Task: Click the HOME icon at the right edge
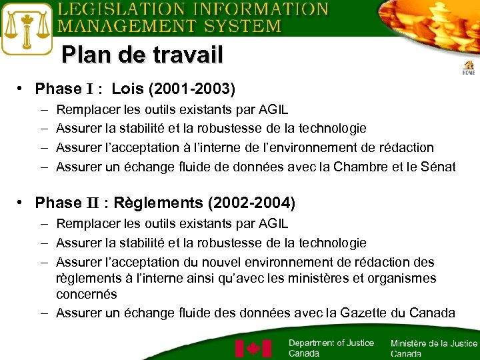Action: click(469, 67)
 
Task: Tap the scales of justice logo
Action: click(27, 29)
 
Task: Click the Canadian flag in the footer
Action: click(253, 349)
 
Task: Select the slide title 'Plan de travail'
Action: click(142, 55)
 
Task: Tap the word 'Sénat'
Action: click(439, 167)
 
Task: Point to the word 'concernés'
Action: click(87, 294)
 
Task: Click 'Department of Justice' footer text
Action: click(331, 343)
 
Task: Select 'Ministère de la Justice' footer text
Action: click(434, 343)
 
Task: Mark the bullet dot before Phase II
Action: click(22, 202)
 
